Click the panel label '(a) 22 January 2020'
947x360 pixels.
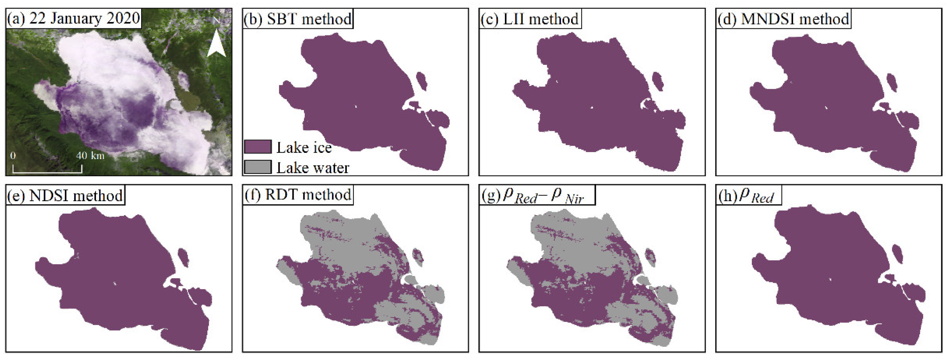tap(73, 18)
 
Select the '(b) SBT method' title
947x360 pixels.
tap(298, 19)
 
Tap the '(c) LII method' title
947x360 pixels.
tap(530, 19)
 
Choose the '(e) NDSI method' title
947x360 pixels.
tap(65, 195)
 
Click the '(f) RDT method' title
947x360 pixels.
tap(297, 195)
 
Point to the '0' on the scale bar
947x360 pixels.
tap(13, 155)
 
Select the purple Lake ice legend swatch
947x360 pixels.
tap(258, 147)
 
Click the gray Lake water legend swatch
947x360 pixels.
tap(258, 167)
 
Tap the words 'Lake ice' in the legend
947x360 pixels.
tap(304, 147)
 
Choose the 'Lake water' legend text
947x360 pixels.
tap(313, 168)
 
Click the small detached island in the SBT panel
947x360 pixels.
tap(421, 81)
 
